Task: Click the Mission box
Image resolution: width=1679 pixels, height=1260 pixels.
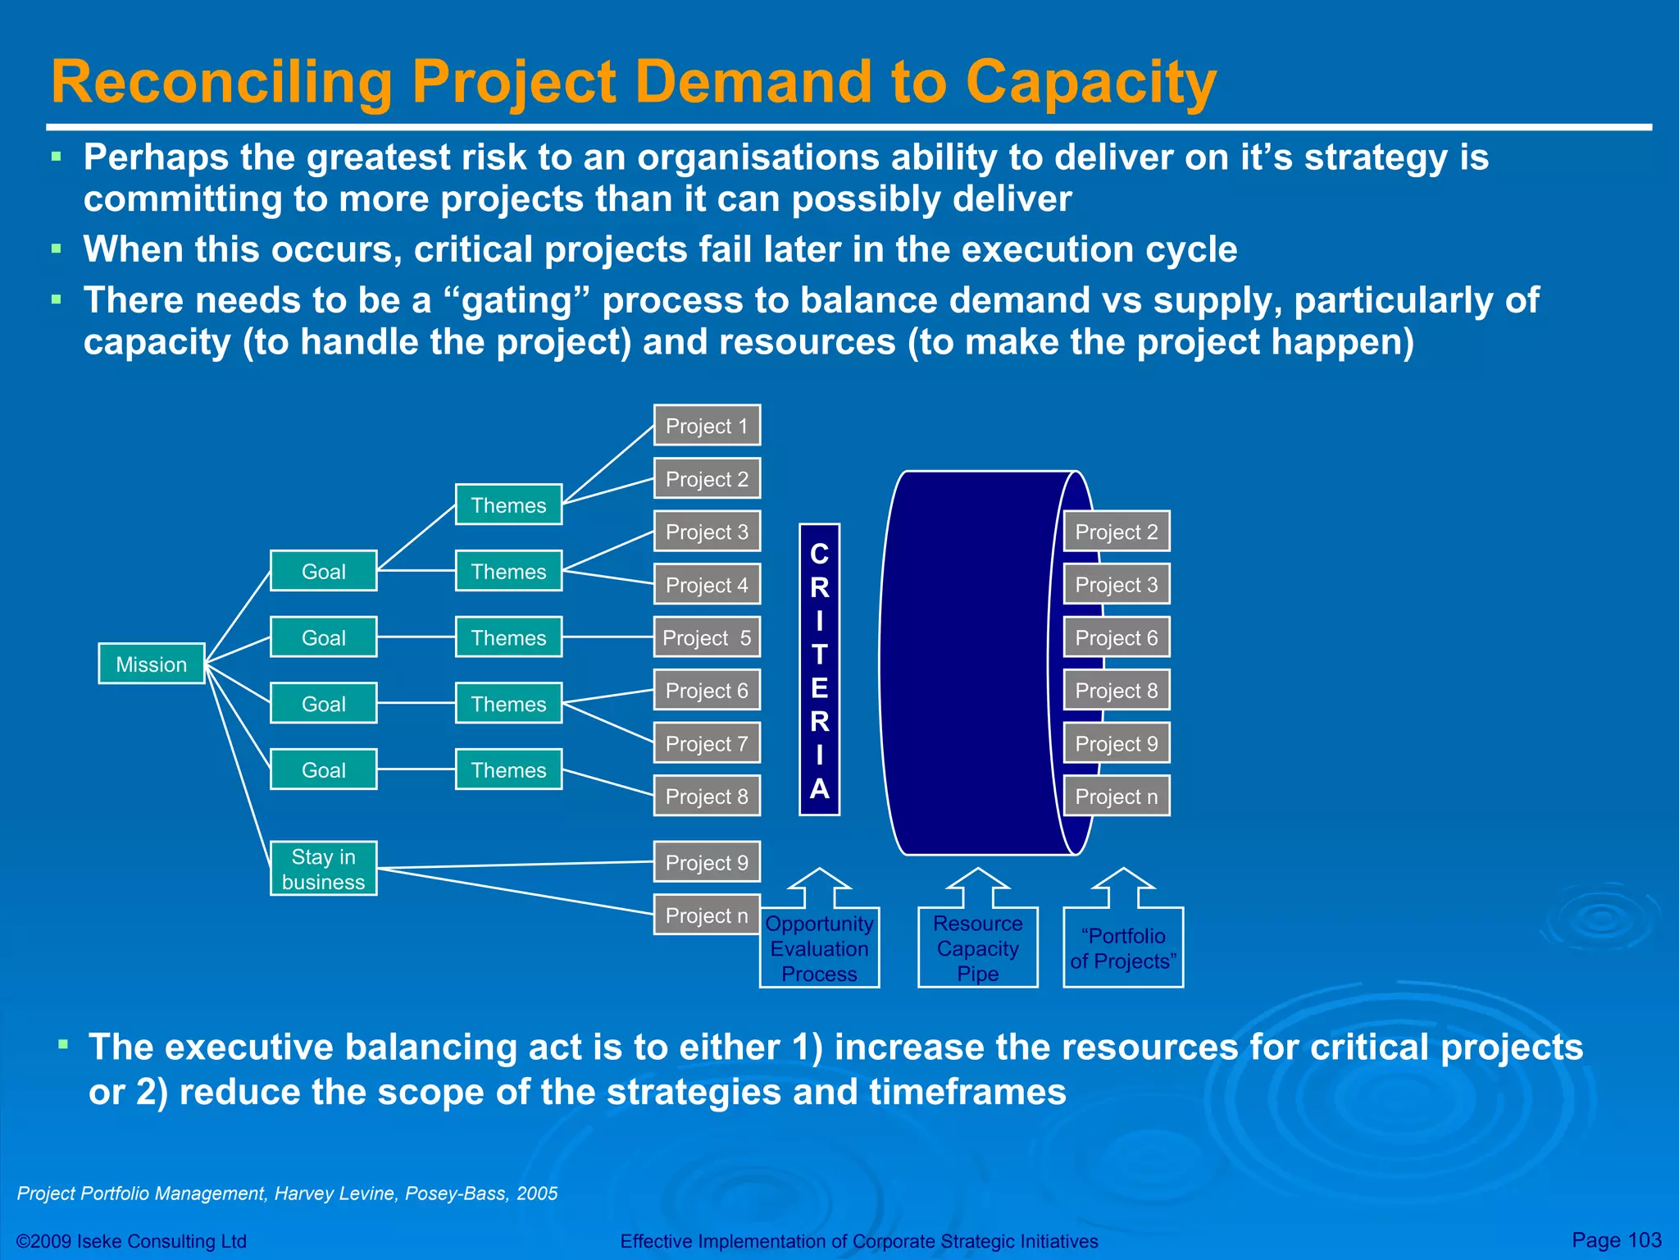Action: click(151, 664)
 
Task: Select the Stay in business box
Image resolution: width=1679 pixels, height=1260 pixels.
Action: click(323, 869)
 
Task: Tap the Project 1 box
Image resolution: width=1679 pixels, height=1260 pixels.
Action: click(707, 426)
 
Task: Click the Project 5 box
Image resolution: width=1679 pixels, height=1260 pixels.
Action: click(707, 637)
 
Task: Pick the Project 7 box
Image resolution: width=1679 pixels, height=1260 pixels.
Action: click(707, 743)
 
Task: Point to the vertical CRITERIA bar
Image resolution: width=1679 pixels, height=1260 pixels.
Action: click(819, 669)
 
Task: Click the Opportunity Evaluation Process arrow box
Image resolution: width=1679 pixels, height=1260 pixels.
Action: click(819, 947)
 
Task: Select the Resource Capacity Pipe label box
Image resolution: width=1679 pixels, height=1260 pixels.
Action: click(977, 947)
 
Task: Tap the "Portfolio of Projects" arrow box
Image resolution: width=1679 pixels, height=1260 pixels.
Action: click(1123, 947)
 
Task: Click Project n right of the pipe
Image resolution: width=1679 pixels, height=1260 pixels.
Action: click(1116, 796)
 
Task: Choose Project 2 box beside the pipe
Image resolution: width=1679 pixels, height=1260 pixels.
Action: click(1116, 532)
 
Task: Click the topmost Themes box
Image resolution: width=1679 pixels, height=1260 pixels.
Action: click(508, 504)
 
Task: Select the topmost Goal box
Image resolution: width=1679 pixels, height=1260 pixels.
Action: click(323, 571)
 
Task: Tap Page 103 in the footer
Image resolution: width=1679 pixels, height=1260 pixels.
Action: click(1615, 1239)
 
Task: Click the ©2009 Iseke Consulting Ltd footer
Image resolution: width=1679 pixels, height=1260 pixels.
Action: click(131, 1241)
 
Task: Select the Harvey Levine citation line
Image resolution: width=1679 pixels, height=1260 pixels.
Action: click(287, 1194)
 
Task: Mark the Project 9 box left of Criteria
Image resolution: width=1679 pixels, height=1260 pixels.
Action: click(707, 862)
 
